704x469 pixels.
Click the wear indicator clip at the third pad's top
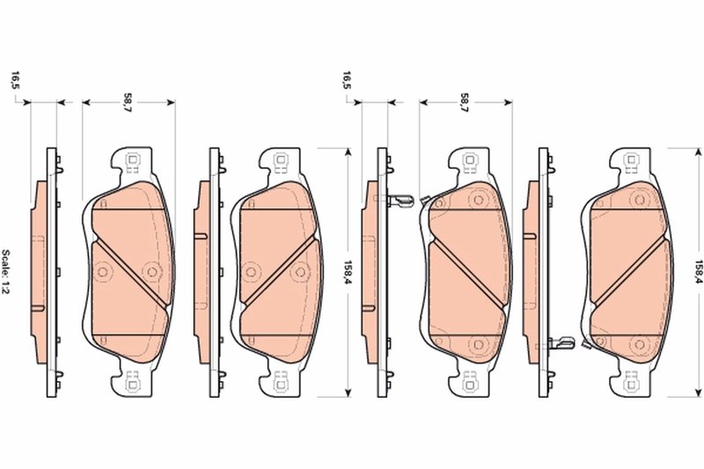coord(401,201)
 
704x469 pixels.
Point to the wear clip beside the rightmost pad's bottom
coord(561,341)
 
